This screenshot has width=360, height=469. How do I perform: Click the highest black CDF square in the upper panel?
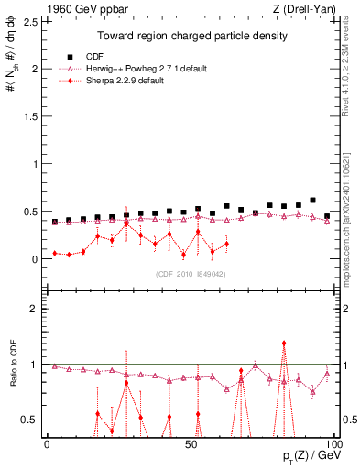(x=313, y=200)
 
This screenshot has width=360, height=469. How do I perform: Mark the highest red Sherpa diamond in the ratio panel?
(x=284, y=343)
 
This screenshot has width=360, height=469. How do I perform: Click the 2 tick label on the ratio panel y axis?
(x=34, y=309)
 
